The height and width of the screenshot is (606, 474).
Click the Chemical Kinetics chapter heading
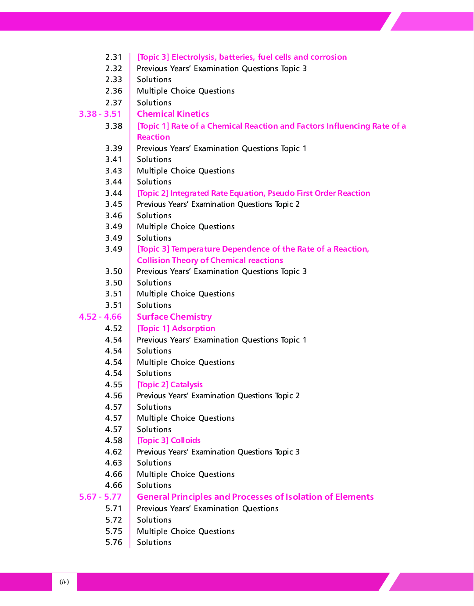coord(173,114)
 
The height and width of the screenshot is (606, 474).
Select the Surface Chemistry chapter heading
coord(174,317)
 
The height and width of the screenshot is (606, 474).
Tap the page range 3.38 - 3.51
coord(100,114)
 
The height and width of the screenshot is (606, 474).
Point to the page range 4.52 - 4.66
coord(100,317)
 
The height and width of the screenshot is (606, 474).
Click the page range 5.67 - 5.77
coord(100,497)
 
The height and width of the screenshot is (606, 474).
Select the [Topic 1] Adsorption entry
coord(176,328)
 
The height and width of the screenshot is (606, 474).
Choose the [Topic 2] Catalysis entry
coord(170,385)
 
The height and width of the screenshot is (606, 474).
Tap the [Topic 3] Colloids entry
coord(169,440)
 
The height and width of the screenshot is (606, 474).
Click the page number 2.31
coord(114,57)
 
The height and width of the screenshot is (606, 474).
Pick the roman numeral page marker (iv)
coord(64,582)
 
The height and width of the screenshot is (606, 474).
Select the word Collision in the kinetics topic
coord(153,260)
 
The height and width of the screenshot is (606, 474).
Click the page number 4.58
coord(114,440)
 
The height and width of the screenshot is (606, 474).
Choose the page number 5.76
coord(114,542)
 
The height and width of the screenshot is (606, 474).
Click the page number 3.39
coord(114,148)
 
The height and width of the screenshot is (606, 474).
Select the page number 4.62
coord(114,452)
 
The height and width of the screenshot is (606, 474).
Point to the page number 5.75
coord(114,531)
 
